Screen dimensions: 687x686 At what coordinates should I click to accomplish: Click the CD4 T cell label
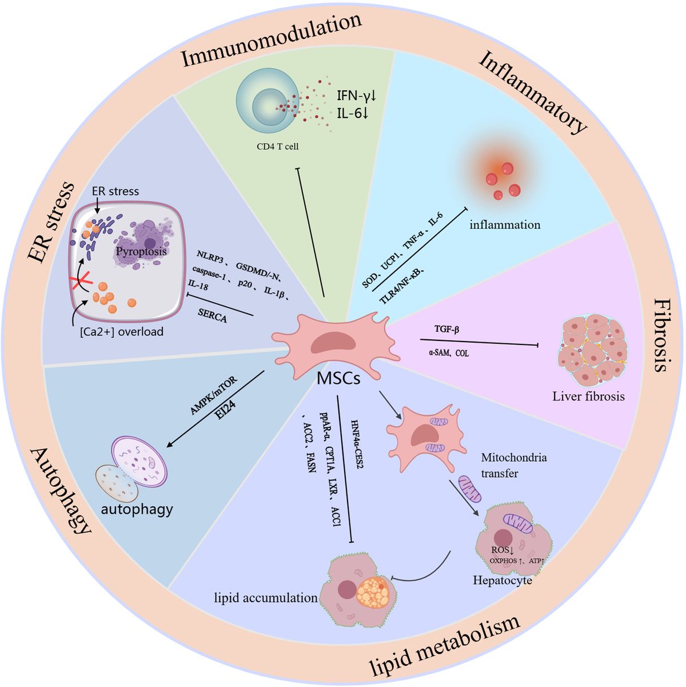277,146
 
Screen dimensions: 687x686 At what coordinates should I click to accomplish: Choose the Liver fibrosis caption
588,396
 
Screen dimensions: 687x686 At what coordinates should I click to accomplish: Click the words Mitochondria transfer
513,465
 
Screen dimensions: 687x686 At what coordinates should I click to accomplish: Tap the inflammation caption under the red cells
505,224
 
